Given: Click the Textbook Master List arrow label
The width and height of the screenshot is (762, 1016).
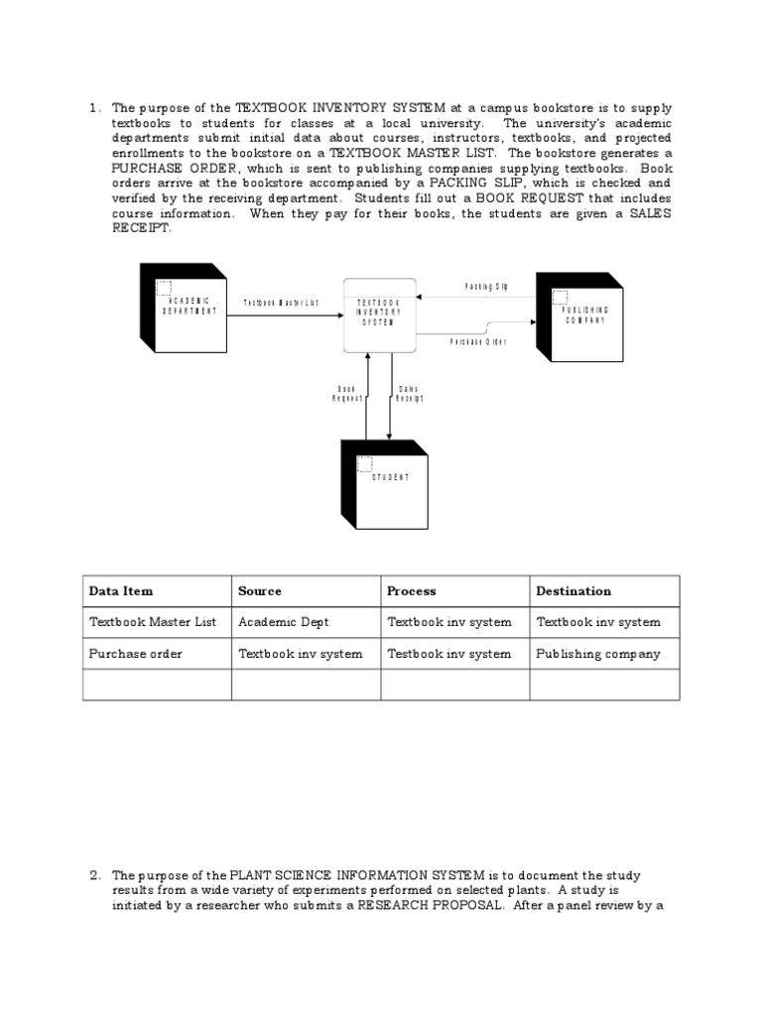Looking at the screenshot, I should tap(281, 303).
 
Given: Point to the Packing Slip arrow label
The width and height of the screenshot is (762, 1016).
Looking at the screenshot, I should tap(486, 287).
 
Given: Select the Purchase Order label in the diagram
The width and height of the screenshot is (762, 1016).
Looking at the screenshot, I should tap(478, 341).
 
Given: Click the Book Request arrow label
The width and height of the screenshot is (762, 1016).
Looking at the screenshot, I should tap(346, 394).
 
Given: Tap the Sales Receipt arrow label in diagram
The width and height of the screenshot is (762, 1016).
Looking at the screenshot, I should tap(409, 394).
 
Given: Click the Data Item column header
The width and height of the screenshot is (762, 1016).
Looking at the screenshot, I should tap(121, 591).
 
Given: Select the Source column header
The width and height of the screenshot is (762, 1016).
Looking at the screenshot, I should tap(260, 591).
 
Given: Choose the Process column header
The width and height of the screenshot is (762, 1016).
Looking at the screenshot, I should tap(411, 591).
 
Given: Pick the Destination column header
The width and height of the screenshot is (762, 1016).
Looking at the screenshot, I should tap(573, 591).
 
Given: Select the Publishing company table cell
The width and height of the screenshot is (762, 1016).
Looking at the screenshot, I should tap(597, 654).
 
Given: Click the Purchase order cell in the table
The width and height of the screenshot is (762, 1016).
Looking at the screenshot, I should tap(135, 654).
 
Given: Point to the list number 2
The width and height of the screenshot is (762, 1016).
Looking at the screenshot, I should tap(95, 875).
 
